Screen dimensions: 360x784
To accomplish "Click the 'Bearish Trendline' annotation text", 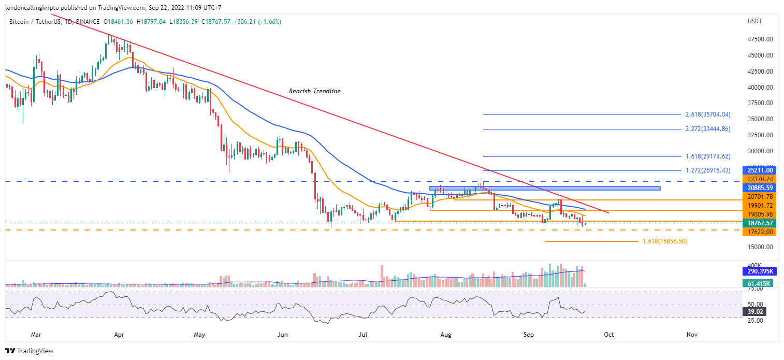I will pos(314,91).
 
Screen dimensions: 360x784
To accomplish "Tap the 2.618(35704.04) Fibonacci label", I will pos(707,114).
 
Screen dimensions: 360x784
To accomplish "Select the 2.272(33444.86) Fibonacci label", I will pos(707,129).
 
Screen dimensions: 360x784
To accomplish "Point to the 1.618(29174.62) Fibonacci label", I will pos(707,156).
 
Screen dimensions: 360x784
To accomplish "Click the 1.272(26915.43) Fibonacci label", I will pos(707,170).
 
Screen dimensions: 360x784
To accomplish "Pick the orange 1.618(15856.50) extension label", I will pos(665,241).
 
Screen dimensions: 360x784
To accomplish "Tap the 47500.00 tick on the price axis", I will pos(760,39).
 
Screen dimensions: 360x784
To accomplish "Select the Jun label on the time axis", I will pos(282,335).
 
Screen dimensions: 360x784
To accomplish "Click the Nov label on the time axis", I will pos(691,335).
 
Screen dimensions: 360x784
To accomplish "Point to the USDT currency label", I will pos(755,21).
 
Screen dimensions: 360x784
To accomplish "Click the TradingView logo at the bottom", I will pos(30,351).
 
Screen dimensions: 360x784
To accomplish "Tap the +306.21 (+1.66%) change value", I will pos(257,22).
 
